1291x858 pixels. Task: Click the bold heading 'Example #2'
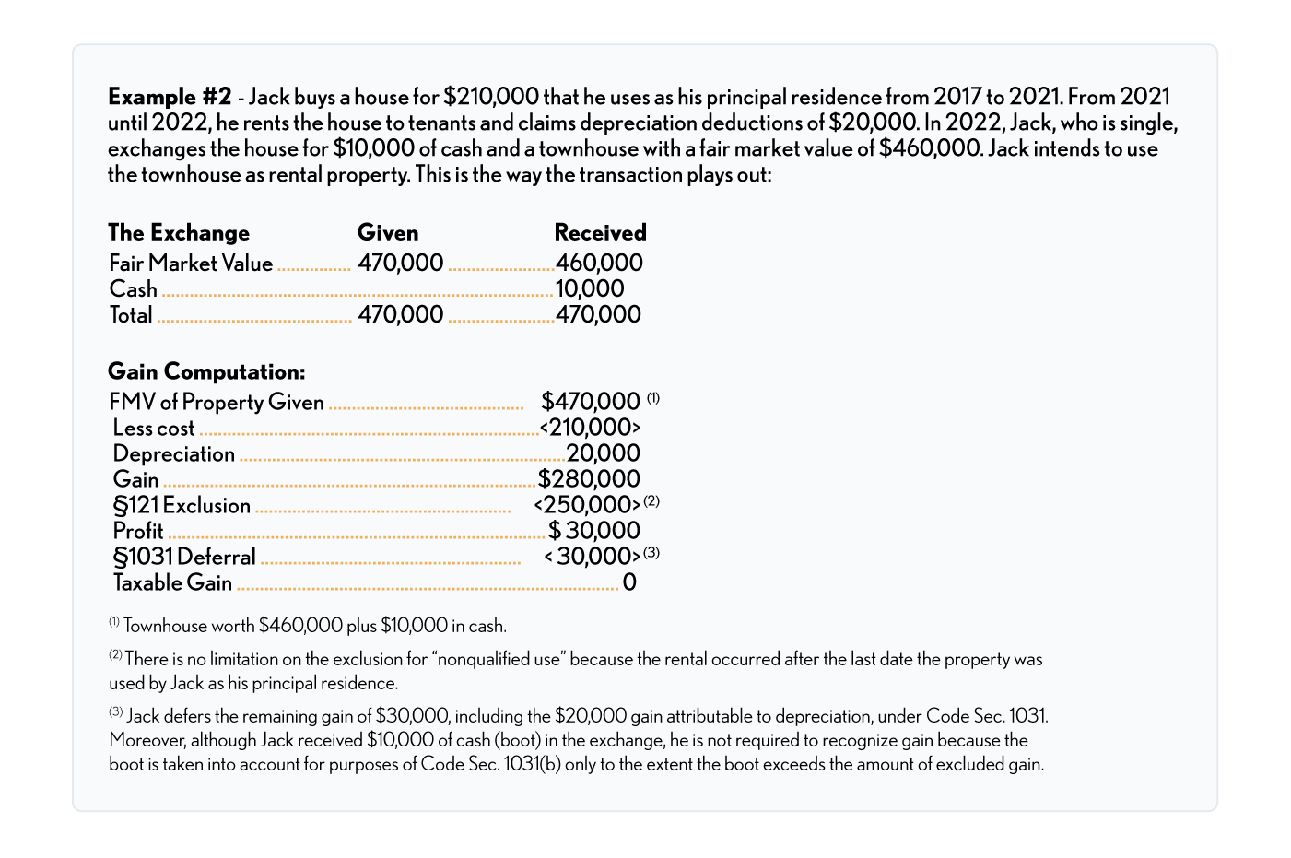click(x=170, y=97)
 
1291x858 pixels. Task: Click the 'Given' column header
click(x=388, y=232)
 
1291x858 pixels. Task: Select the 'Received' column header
click(x=600, y=232)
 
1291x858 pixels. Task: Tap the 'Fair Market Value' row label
click(x=191, y=264)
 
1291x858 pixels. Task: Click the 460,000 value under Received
click(x=599, y=264)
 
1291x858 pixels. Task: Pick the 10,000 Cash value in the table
click(x=590, y=289)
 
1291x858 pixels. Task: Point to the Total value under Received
click(x=598, y=315)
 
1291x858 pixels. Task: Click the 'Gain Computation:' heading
click(x=206, y=371)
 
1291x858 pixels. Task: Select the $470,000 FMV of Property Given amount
click(x=591, y=402)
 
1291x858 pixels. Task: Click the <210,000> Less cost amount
click(x=590, y=428)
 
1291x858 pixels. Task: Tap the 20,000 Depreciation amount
click(x=603, y=453)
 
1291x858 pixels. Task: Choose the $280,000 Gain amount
click(x=589, y=479)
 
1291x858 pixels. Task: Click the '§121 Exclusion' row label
click(x=182, y=505)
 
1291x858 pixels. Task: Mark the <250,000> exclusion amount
click(x=587, y=505)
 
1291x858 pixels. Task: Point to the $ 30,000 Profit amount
click(x=594, y=531)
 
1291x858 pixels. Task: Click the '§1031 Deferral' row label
click(x=184, y=557)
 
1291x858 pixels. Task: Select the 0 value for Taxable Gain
click(x=629, y=582)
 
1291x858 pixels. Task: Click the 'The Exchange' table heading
click(x=179, y=232)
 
